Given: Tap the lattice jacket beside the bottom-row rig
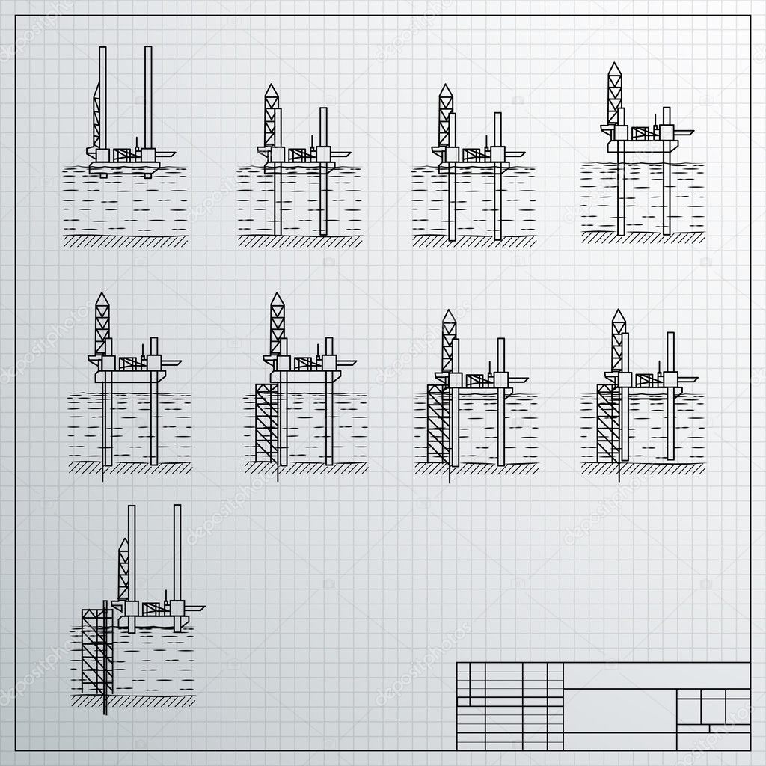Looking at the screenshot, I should pyautogui.click(x=96, y=651).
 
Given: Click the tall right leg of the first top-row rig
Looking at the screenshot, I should pyautogui.click(x=148, y=97).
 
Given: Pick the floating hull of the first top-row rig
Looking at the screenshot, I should pyautogui.click(x=124, y=168).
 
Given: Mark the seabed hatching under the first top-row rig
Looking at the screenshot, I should pyautogui.click(x=126, y=241).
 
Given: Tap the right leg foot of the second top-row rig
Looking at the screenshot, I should pyautogui.click(x=324, y=233).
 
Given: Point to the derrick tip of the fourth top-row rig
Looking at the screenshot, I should pyautogui.click(x=614, y=67).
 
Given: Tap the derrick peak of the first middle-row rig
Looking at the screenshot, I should pyautogui.click(x=102, y=297).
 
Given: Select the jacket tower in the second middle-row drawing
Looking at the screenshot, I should pyautogui.click(x=266, y=423).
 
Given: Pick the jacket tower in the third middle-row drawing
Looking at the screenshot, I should pyautogui.click(x=438, y=424).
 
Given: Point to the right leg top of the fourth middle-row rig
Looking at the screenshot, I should pyautogui.click(x=671, y=336).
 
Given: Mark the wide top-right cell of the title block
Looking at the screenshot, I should pyautogui.click(x=657, y=675).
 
